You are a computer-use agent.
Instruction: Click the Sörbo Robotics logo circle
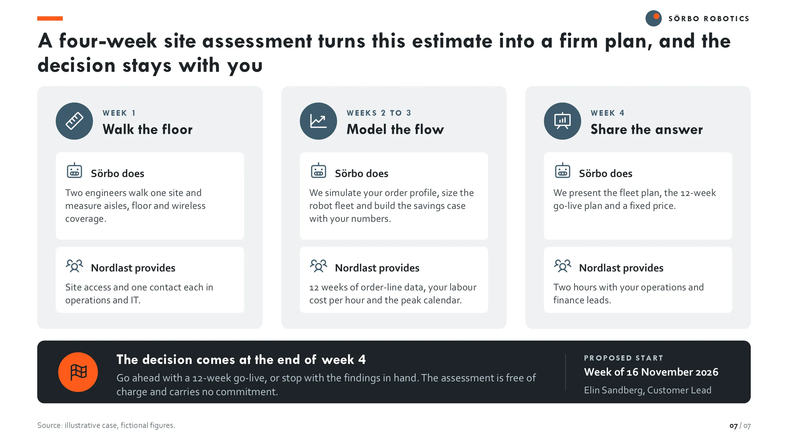(653, 18)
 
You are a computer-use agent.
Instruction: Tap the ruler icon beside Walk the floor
(74, 121)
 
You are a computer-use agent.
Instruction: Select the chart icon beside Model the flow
(318, 121)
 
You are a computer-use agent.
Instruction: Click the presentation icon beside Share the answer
(562, 121)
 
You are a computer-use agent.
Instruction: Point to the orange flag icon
(78, 372)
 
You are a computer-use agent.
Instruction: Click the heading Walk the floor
(148, 130)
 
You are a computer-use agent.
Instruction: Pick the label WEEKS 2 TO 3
(379, 113)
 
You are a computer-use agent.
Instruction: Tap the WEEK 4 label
(608, 113)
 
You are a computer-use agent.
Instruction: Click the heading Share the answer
(647, 130)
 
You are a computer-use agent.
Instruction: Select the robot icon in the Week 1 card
(74, 170)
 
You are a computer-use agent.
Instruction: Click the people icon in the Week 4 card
(563, 266)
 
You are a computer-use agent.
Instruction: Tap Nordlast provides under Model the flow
(377, 268)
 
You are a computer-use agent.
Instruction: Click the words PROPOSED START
(624, 358)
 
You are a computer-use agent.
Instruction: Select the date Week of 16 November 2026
(651, 372)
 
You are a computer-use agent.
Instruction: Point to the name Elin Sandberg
(614, 390)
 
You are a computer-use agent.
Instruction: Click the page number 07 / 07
(740, 426)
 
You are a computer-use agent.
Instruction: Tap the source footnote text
(106, 425)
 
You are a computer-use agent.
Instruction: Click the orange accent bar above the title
(50, 18)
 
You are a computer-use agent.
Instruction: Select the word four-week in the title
(108, 41)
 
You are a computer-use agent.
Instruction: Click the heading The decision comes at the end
(241, 360)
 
